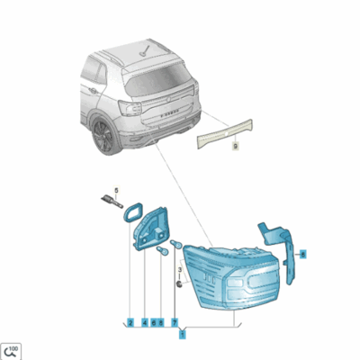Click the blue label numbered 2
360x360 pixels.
pyautogui.click(x=130, y=321)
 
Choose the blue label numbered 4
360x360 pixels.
pyautogui.click(x=144, y=321)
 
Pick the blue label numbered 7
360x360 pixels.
pyautogui.click(x=175, y=321)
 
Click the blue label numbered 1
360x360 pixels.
pyautogui.click(x=183, y=334)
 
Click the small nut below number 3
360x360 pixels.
pyautogui.click(x=180, y=284)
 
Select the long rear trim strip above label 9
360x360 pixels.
pyautogui.click(x=229, y=132)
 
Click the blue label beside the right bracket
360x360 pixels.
pyautogui.click(x=303, y=254)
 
